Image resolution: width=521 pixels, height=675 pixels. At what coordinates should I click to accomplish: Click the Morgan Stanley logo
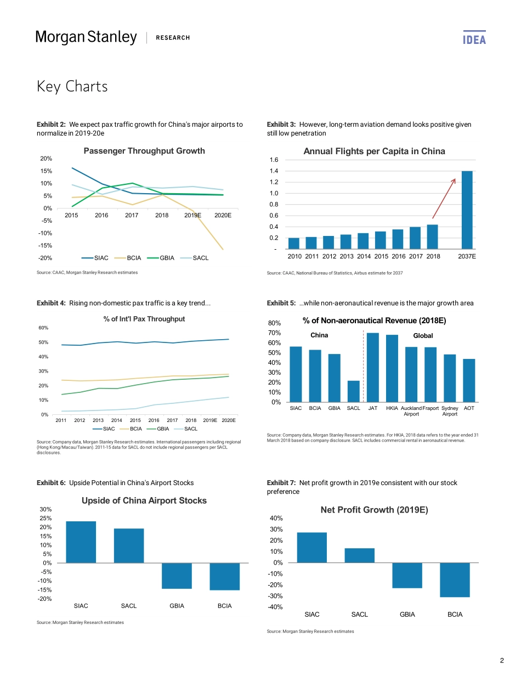coord(86,37)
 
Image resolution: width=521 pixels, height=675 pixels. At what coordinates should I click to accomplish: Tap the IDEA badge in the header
coord(474,39)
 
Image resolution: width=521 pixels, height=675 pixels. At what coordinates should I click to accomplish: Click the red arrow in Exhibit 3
coord(444,198)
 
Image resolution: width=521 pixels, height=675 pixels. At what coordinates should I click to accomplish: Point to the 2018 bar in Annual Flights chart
coord(432,237)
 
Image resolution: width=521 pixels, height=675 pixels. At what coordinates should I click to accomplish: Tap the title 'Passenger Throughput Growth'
coord(144,151)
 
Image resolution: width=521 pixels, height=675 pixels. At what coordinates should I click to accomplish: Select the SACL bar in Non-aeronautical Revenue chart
coord(354,391)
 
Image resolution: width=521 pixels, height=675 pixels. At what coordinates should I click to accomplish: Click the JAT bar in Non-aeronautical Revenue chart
coord(373,368)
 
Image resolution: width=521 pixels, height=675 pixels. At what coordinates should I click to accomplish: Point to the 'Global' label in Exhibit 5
coord(423,336)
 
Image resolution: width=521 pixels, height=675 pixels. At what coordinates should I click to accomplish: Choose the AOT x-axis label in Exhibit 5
coord(469,408)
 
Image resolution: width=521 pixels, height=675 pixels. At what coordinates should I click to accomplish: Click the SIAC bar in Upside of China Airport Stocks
coord(81,542)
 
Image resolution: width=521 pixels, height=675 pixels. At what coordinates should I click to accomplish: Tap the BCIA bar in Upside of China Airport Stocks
coord(224,576)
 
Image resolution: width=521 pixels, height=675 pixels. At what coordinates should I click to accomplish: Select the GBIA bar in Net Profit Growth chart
coord(407,575)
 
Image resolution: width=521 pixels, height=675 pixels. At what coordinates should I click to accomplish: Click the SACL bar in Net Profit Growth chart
coord(360,555)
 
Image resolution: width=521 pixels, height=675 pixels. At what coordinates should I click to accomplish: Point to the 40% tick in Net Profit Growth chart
coord(276,518)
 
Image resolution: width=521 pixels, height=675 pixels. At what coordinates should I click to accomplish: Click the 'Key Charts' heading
coord(72,87)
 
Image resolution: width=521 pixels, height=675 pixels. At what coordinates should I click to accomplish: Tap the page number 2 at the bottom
coord(501,660)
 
